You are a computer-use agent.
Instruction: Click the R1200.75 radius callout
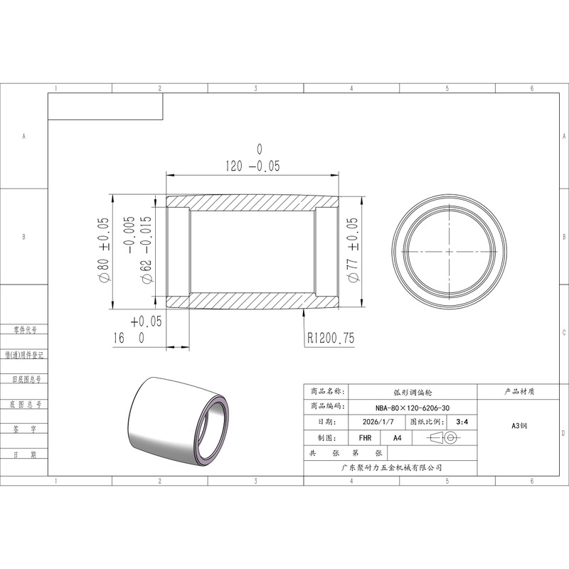331,339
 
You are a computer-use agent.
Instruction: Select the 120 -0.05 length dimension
252,166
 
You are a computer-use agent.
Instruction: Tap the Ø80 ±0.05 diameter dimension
103,250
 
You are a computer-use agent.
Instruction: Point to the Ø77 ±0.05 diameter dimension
352,250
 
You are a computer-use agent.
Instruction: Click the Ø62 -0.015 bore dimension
146,250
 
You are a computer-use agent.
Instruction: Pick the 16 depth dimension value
119,339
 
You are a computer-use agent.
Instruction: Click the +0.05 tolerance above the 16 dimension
146,321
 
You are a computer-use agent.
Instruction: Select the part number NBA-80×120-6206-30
413,408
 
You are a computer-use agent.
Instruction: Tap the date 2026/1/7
378,422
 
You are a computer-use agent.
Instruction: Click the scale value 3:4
462,422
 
